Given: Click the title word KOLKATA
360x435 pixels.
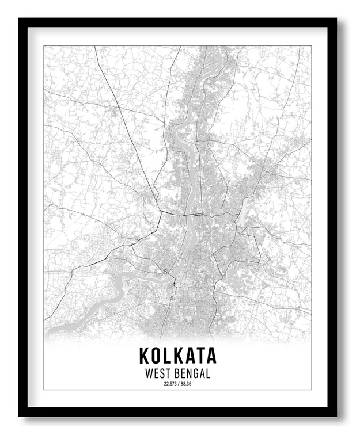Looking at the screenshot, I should (x=177, y=354).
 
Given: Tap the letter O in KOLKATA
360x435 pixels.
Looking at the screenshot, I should (x=157, y=354).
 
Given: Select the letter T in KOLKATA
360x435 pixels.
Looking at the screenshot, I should (x=198, y=354).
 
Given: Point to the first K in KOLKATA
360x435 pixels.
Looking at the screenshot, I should (x=144, y=354).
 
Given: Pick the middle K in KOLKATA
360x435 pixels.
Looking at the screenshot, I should (x=178, y=354).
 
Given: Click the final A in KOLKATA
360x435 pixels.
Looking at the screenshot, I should (x=210, y=354).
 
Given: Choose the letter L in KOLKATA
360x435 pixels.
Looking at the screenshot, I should (x=168, y=354).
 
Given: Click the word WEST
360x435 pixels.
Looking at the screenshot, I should (x=157, y=373).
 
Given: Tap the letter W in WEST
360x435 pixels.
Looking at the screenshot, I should (x=149, y=373).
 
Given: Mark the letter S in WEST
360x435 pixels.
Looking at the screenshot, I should (x=162, y=373).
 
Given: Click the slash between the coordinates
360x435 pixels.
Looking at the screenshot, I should (x=178, y=384).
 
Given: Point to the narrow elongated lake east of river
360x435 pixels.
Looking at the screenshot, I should (x=243, y=212).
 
